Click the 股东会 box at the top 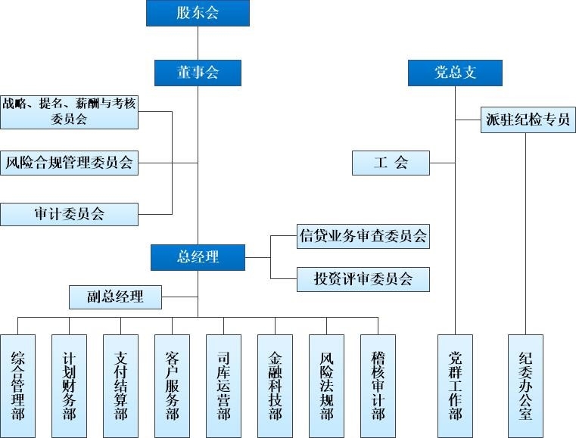(x=198, y=13)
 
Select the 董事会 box (x=198, y=73)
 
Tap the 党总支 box (x=456, y=73)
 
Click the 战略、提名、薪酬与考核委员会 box (x=69, y=112)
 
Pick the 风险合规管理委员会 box (x=69, y=162)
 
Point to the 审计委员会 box (x=69, y=214)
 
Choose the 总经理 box (x=198, y=257)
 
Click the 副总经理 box (x=115, y=297)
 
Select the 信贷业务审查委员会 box (x=363, y=236)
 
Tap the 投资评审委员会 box (x=363, y=278)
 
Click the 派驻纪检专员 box (x=527, y=120)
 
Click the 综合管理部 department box (x=18, y=385)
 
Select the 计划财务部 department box (x=69, y=385)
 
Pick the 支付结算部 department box (x=120, y=385)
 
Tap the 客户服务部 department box (x=172, y=385)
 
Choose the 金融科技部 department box (x=275, y=385)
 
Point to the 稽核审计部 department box (x=378, y=385)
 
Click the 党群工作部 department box (x=455, y=385)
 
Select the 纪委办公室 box (x=526, y=385)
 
